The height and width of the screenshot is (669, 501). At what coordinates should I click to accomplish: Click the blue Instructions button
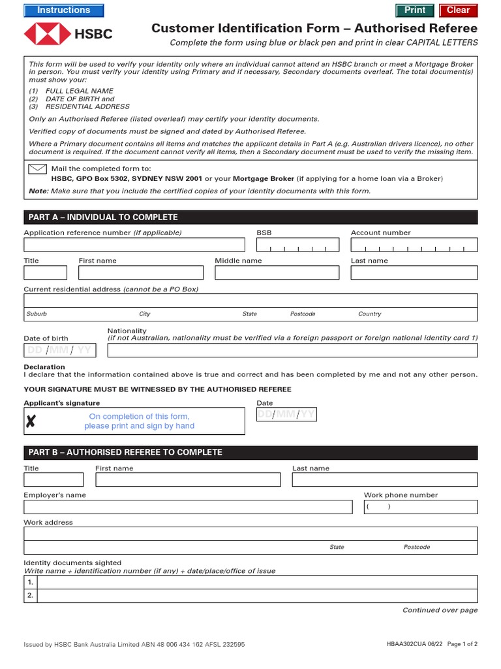click(x=63, y=10)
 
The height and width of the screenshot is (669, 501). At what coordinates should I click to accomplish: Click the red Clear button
click(x=458, y=10)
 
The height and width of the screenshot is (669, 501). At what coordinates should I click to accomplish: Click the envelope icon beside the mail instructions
click(x=37, y=169)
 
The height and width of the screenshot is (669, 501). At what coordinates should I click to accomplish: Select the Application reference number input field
click(x=134, y=245)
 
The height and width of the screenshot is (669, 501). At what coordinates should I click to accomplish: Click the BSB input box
click(x=297, y=245)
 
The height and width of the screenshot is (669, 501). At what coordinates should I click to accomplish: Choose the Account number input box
click(x=414, y=245)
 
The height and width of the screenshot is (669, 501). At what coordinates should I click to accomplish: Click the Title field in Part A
click(x=45, y=272)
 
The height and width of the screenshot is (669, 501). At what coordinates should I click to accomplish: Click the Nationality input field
click(x=292, y=350)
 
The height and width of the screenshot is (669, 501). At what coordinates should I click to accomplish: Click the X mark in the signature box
click(x=31, y=422)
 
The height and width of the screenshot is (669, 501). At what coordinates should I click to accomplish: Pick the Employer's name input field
click(x=188, y=507)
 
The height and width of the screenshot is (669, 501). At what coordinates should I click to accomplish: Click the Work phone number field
click(x=420, y=507)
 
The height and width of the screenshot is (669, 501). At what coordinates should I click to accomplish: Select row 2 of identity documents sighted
click(x=258, y=596)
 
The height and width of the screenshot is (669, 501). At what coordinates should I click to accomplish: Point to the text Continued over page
click(x=440, y=610)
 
